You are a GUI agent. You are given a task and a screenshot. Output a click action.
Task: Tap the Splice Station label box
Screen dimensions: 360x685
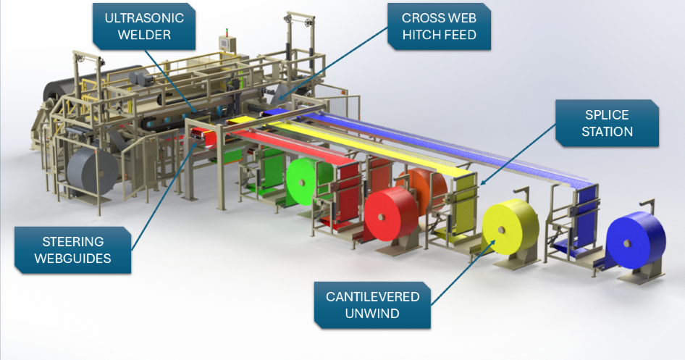point(608,124)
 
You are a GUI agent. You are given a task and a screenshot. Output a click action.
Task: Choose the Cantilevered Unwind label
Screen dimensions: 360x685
point(372,305)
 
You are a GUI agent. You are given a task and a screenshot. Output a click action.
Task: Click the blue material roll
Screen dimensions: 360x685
point(635,240)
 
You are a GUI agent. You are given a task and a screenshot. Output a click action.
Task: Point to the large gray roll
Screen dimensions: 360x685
point(87,172)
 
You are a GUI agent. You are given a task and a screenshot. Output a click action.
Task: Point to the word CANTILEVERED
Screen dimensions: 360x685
point(372,297)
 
